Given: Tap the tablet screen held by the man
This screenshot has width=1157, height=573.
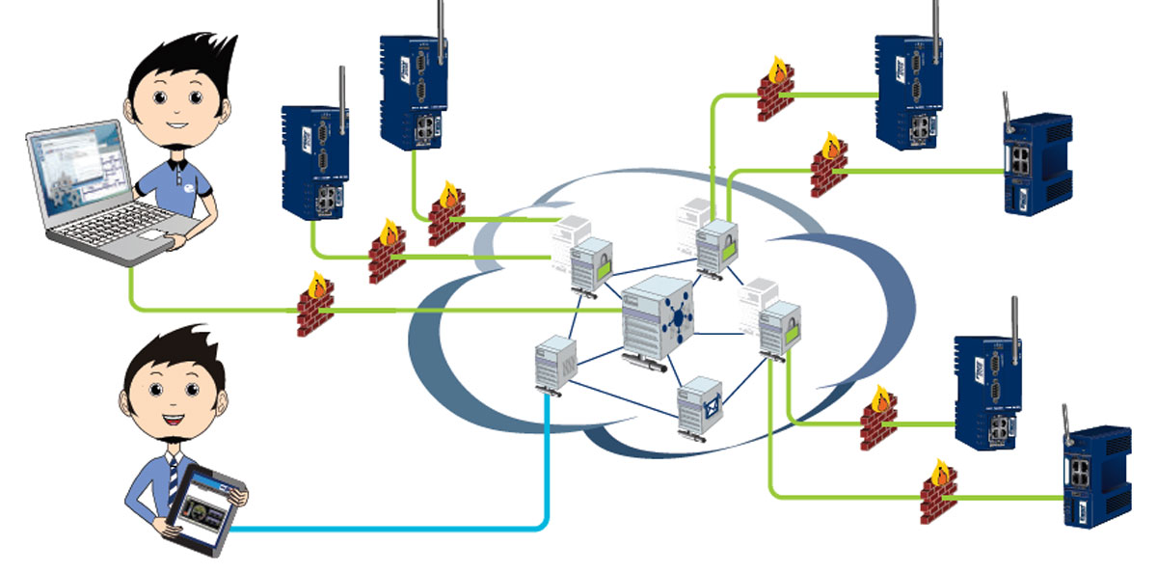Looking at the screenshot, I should pyautogui.click(x=203, y=507).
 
